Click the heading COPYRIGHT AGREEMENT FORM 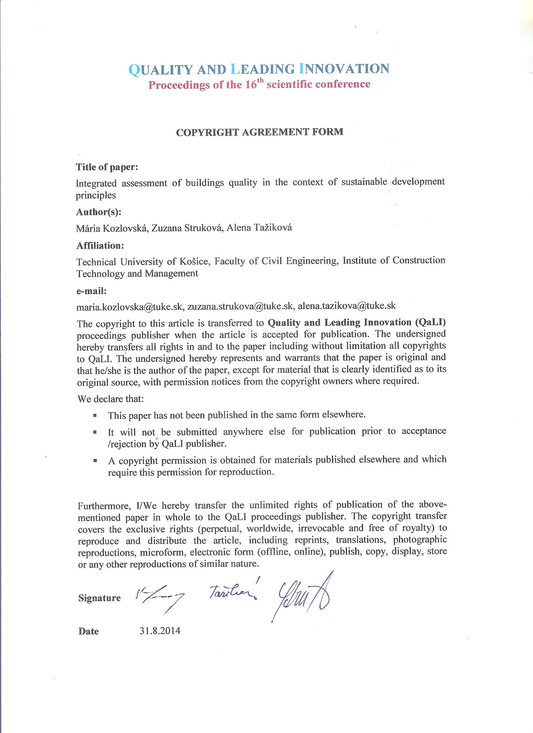click(x=259, y=132)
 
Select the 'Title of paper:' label click(x=107, y=167)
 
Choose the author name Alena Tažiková click(x=259, y=228)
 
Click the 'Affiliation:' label click(x=100, y=246)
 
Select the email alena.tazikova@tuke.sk click(x=346, y=305)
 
